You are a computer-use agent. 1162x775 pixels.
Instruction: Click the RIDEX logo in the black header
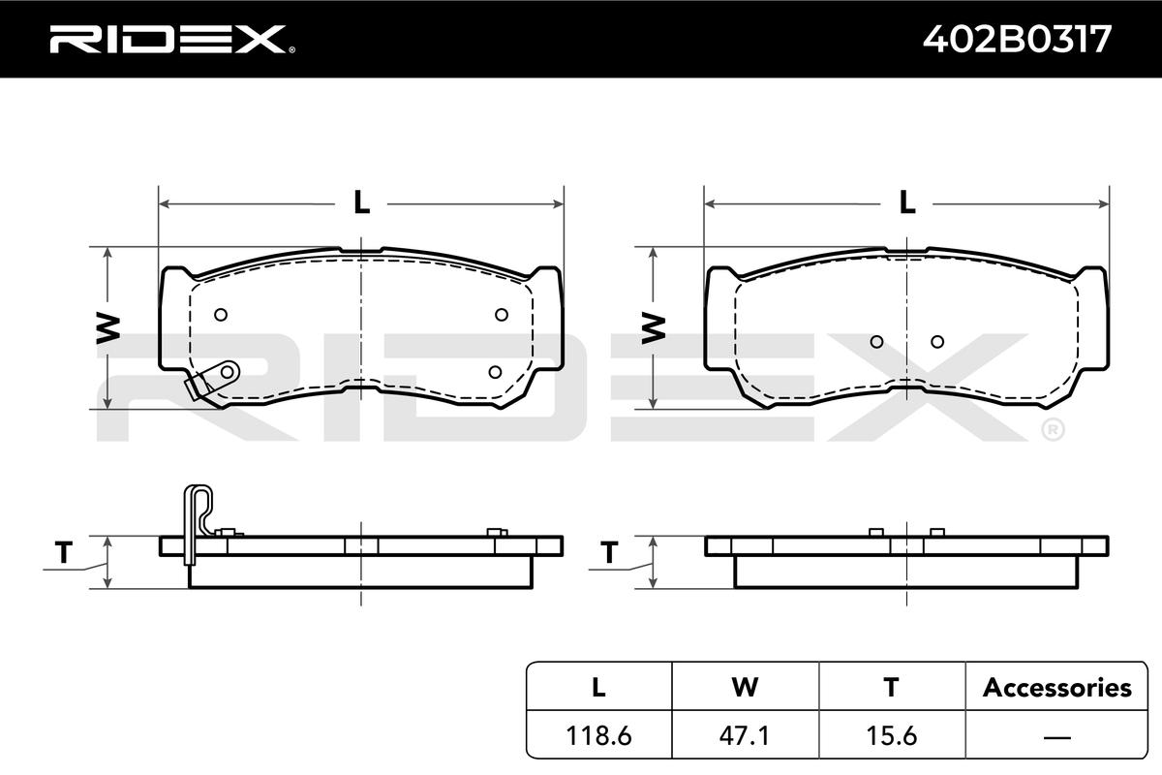click(x=172, y=39)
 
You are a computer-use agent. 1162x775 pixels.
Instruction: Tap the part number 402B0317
click(x=1018, y=39)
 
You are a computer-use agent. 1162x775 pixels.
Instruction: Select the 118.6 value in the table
click(x=598, y=735)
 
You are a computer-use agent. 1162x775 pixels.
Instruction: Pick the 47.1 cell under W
click(x=745, y=735)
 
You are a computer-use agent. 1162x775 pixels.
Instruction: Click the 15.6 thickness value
click(x=892, y=735)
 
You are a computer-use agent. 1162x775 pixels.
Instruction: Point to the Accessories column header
click(x=1056, y=687)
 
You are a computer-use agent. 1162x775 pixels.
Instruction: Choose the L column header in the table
click(x=598, y=687)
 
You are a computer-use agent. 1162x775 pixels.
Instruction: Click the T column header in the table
click(x=891, y=687)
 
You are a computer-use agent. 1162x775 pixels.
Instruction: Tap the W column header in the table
click(x=745, y=687)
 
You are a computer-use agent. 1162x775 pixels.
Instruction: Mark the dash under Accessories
click(x=1056, y=737)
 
